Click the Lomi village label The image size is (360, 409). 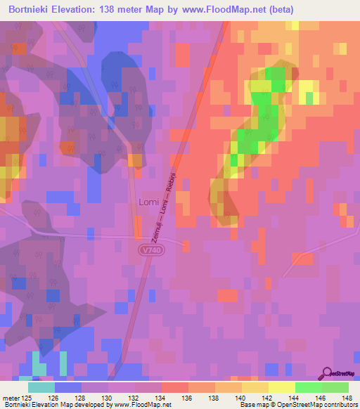click(x=148, y=202)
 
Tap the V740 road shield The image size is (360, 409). click(x=150, y=249)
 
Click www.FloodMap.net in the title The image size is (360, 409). click(x=227, y=9)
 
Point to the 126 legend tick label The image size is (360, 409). click(x=54, y=398)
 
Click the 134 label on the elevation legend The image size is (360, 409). click(x=161, y=398)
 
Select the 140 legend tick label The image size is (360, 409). click(x=241, y=398)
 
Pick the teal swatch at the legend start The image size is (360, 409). click(x=41, y=387)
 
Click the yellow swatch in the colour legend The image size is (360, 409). click(x=281, y=387)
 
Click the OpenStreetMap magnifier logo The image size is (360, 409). click(x=326, y=374)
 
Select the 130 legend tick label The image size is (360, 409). click(x=108, y=398)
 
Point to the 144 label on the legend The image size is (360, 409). click(x=295, y=398)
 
